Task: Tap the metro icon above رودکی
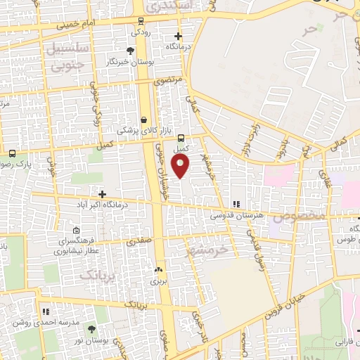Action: [141, 21]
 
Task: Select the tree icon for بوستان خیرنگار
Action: [130, 51]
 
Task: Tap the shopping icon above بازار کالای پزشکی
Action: [144, 120]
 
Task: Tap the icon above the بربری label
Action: [157, 269]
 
